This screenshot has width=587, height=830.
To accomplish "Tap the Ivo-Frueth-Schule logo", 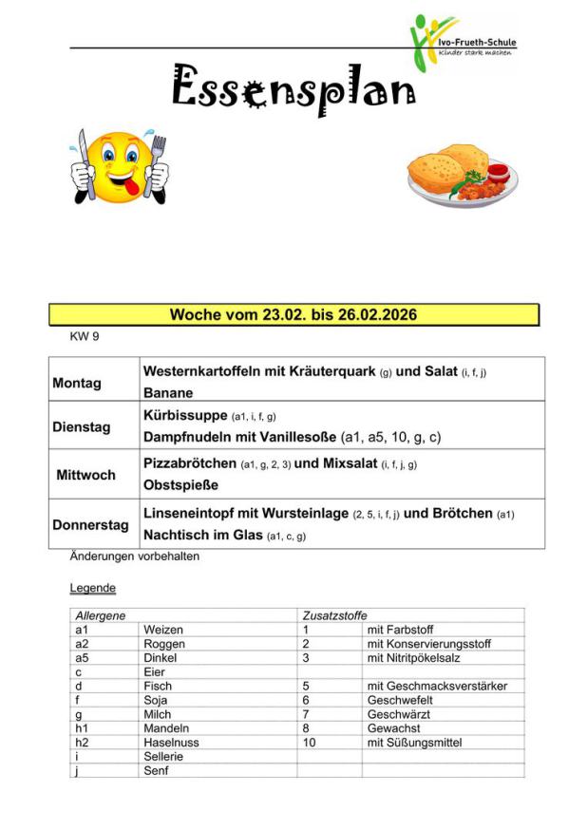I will (463, 42).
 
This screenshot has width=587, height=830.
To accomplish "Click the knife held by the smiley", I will (85, 160).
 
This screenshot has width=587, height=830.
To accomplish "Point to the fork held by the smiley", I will (158, 157).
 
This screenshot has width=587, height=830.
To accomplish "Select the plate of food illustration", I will (462, 176).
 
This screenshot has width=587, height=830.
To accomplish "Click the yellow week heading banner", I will (293, 315).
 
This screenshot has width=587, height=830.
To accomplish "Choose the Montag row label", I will (77, 383).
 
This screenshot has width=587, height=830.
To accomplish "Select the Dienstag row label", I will (81, 426).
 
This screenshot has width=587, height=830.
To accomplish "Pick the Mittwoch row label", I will (85, 474).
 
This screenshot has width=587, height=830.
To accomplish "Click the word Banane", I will (168, 392).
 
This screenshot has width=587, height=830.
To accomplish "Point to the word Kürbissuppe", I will (185, 415).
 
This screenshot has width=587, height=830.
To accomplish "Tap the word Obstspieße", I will (180, 485).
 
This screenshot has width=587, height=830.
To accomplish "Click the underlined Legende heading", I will (93, 588).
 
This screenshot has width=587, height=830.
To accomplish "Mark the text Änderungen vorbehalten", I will (134, 556).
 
